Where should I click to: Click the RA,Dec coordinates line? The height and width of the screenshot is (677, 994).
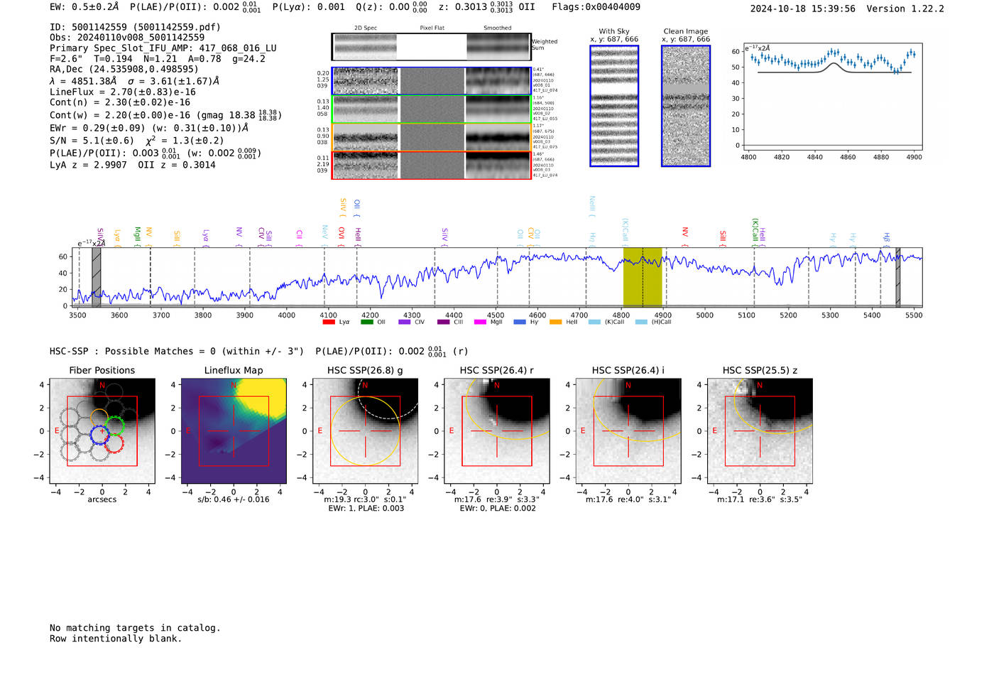[124, 69]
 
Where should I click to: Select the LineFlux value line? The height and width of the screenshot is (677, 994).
[123, 92]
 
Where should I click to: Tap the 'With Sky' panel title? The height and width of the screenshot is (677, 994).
[614, 31]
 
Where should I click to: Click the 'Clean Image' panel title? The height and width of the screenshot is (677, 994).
[685, 31]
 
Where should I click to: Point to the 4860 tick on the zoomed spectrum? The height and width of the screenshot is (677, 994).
[848, 157]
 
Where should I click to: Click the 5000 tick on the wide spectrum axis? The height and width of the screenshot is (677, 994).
[704, 315]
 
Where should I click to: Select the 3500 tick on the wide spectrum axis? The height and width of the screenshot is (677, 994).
[77, 315]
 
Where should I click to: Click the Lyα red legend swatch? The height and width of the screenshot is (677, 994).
[329, 322]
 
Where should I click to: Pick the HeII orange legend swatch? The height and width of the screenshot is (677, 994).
[555, 322]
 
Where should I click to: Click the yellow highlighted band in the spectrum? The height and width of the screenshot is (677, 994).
[643, 277]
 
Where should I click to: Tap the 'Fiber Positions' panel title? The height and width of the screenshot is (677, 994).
[102, 370]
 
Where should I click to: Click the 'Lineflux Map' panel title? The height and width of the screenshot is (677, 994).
[234, 370]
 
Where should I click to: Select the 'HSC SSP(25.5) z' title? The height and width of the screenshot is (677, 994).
[760, 370]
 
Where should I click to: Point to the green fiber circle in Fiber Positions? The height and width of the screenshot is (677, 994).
[114, 426]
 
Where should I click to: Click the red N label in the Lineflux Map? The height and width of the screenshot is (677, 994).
[234, 385]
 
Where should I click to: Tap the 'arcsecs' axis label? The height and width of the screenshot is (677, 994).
[102, 499]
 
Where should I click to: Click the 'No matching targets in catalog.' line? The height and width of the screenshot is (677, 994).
[135, 627]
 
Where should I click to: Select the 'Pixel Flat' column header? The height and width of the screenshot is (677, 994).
[432, 28]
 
